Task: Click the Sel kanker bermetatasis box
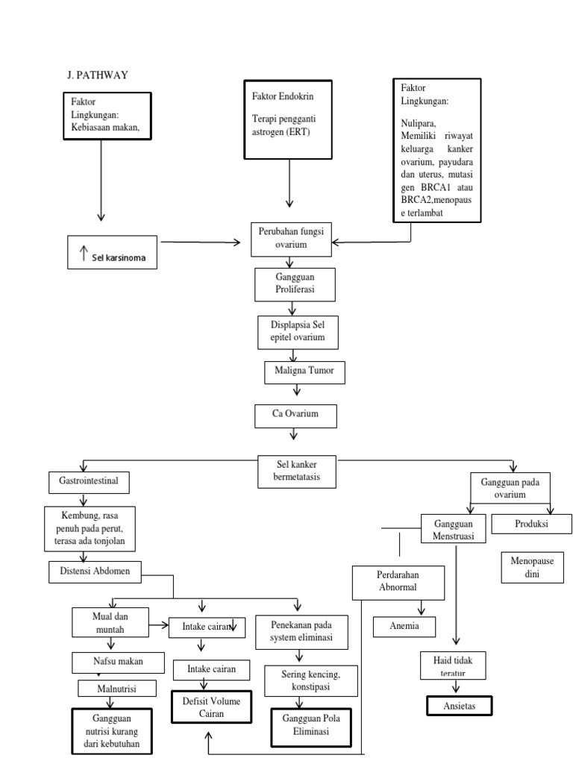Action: coord(297,472)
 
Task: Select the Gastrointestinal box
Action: coord(89,482)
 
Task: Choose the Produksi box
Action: coord(531,524)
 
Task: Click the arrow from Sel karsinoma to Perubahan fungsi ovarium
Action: coord(204,242)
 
